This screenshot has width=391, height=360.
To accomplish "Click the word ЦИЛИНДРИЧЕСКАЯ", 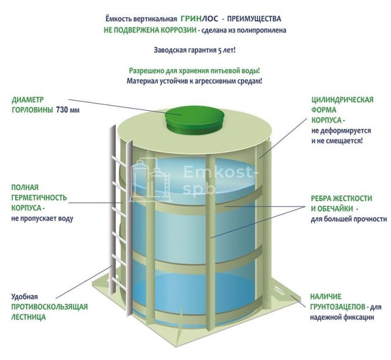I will tap(342, 100).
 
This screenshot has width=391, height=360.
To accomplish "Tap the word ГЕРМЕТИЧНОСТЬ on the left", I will tap(39, 198).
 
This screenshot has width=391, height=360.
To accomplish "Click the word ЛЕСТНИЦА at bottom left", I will tap(28, 317).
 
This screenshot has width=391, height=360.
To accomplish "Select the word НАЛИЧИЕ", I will tap(326, 296).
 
